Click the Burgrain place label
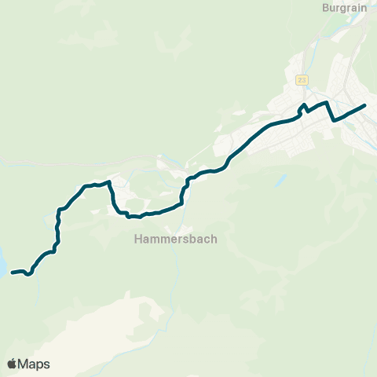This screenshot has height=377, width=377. [345, 8]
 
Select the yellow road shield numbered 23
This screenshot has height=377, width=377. [302, 80]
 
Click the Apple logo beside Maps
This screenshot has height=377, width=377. [12, 364]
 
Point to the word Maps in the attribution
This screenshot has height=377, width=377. [34, 364]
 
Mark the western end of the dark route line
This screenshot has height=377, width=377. [13, 273]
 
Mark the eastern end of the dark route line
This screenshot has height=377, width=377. [365, 105]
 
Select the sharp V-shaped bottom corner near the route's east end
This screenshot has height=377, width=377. [334, 121]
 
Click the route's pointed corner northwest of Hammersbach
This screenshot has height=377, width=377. [109, 181]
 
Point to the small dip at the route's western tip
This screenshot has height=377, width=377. [28, 275]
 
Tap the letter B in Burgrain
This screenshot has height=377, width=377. [326, 8]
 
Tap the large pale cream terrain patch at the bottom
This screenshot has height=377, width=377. [134, 330]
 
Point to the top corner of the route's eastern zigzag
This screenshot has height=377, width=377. [326, 102]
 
